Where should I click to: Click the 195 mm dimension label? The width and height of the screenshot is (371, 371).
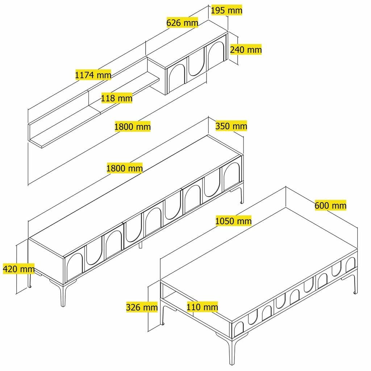(226, 10)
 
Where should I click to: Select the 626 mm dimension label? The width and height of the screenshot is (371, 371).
(182, 23)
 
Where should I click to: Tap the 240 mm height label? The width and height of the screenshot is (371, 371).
(246, 49)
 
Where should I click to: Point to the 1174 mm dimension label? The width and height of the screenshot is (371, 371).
(93, 75)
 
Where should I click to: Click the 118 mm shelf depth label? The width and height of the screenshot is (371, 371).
(117, 98)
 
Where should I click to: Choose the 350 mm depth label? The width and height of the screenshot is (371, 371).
(231, 126)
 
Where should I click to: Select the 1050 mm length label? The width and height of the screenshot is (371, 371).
(233, 220)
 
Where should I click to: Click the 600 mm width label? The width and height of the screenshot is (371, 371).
(330, 205)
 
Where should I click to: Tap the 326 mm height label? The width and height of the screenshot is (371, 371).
(142, 307)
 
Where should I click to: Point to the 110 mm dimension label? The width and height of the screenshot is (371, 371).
(202, 307)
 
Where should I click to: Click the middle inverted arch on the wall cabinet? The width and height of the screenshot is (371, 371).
(196, 65)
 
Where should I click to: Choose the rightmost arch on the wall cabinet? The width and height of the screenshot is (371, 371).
(216, 55)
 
